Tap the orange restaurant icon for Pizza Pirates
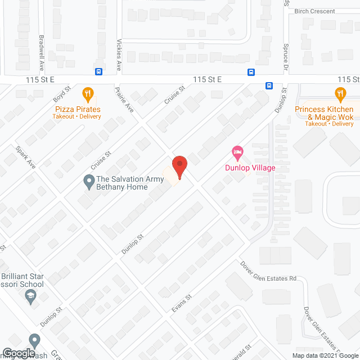pos(87,93)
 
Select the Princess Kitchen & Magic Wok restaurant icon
pos(340,93)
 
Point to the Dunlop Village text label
pos(250,168)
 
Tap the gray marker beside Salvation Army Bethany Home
pos(88,182)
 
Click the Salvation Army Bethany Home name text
pos(130,183)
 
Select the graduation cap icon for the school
pos(33,298)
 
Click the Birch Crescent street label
pos(314,11)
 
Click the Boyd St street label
pos(62,94)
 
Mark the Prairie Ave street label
pos(124,99)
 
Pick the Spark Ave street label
pos(26,158)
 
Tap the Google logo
pos(19,353)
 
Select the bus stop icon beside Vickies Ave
pos(98,71)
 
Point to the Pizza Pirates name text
pos(82,109)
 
